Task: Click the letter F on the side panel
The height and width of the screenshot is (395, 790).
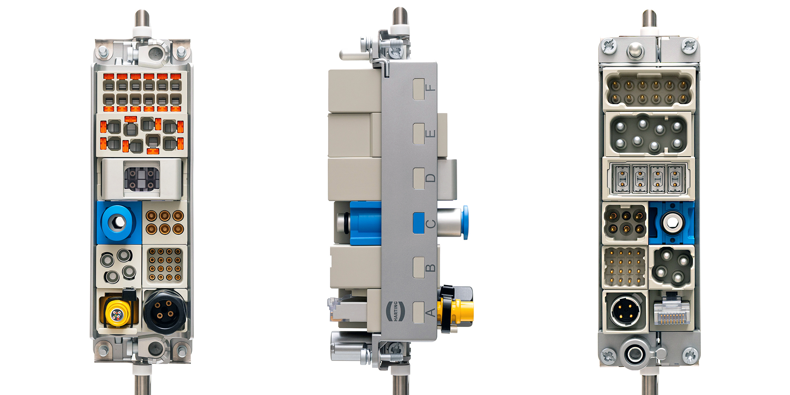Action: (x=431, y=88)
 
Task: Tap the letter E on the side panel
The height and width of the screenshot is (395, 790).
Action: (x=431, y=133)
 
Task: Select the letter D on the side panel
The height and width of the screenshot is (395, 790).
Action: (x=431, y=178)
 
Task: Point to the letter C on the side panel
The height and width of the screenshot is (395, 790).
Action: (x=431, y=223)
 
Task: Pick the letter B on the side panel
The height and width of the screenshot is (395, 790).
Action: (x=431, y=268)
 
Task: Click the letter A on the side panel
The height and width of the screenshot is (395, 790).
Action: (x=431, y=312)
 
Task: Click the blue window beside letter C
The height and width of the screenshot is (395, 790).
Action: (x=419, y=223)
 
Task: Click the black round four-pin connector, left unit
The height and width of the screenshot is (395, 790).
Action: (x=165, y=311)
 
